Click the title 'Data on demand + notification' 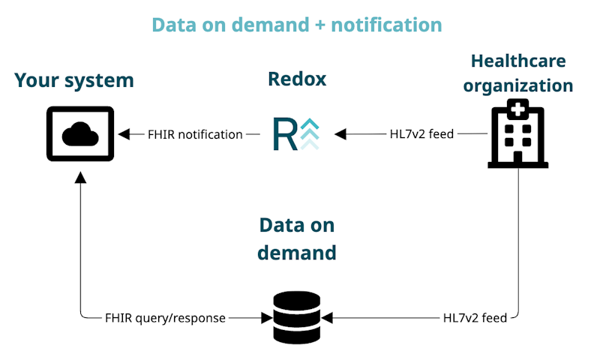[297, 25]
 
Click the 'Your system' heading [74, 79]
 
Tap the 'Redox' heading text [297, 79]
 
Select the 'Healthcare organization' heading [517, 73]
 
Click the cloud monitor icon [80, 133]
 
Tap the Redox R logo [297, 133]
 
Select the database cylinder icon [297, 317]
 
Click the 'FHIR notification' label [194, 134]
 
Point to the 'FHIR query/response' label [165, 318]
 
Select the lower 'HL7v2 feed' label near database [475, 318]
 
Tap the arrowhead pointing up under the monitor [80, 177]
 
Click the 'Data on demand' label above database [297, 238]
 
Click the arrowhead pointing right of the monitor [124, 134]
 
